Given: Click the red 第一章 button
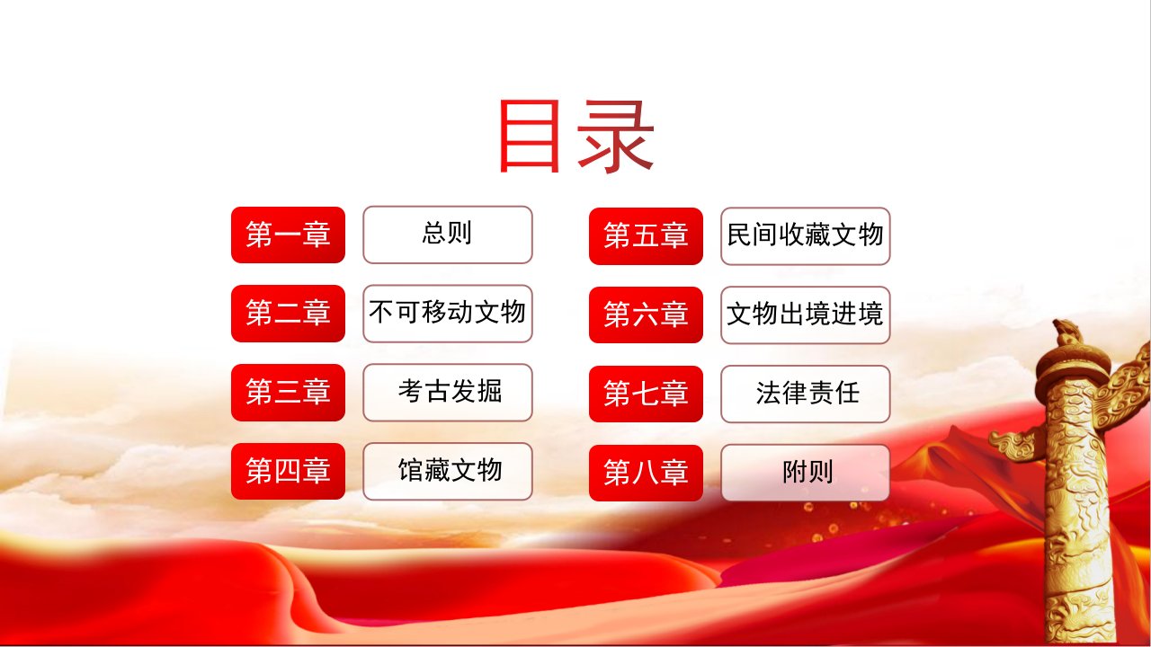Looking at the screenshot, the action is [x=288, y=235].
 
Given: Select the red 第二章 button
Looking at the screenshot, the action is [x=288, y=314].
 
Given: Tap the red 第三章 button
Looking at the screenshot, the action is [x=288, y=393].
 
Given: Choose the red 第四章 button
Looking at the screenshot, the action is [x=288, y=471].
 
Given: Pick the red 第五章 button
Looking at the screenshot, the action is [x=646, y=236].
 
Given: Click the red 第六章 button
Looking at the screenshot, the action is [x=646, y=315].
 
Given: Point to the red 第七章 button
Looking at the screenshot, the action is [x=646, y=394].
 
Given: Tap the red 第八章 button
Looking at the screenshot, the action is [x=646, y=473].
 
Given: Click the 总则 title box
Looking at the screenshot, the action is [x=448, y=235].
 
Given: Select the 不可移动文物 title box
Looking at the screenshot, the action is [x=448, y=314].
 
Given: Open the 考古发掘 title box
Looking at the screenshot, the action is [x=448, y=393].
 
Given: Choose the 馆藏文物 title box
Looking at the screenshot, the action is [x=448, y=471].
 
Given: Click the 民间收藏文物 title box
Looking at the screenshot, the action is [x=805, y=236].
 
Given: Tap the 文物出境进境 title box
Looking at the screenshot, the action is [x=805, y=315].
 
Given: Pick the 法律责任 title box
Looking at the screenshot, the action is [x=805, y=394].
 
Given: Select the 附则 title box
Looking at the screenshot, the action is [x=805, y=473].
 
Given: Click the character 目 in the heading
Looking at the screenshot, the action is [x=530, y=136].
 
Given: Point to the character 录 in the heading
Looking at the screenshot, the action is [x=615, y=136].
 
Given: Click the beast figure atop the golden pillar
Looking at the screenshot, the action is [x=1066, y=332].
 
